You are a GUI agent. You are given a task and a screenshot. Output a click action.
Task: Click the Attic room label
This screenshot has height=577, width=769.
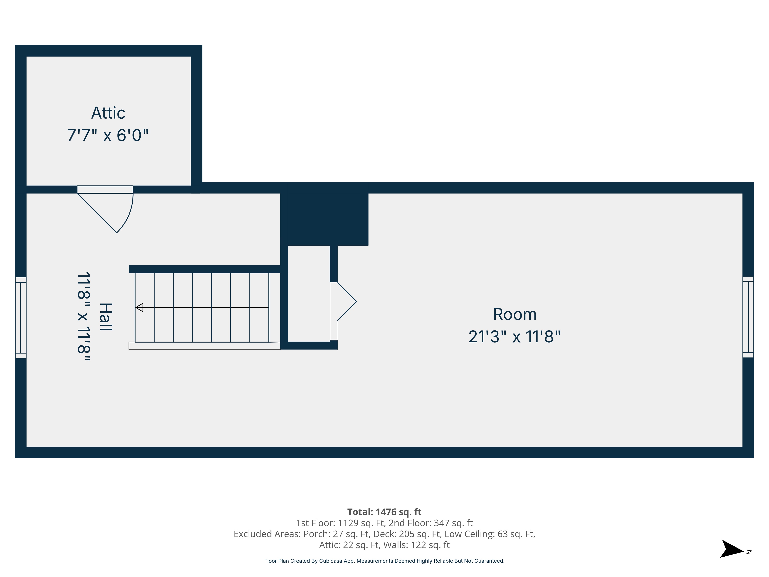(108, 113)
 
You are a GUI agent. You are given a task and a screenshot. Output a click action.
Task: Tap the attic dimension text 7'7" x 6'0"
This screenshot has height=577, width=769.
(108, 135)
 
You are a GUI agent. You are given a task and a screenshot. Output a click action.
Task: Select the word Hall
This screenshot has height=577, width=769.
(106, 317)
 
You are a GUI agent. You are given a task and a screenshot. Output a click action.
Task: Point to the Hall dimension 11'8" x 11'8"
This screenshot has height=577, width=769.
(84, 317)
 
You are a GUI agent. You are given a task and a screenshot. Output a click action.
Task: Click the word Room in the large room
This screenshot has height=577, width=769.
(514, 314)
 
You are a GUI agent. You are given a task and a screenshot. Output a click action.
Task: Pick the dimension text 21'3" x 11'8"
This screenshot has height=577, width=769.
(514, 337)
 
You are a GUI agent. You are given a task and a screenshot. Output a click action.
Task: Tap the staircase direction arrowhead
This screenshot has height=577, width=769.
(139, 308)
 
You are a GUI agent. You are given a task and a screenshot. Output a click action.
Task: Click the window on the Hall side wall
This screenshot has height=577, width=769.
(21, 318)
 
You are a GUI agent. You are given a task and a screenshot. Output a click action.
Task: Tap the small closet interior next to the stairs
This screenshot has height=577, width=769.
(309, 293)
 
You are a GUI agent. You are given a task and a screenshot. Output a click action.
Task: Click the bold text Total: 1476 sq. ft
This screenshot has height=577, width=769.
(384, 512)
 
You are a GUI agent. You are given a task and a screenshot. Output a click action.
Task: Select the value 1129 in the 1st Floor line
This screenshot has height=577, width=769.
(348, 523)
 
